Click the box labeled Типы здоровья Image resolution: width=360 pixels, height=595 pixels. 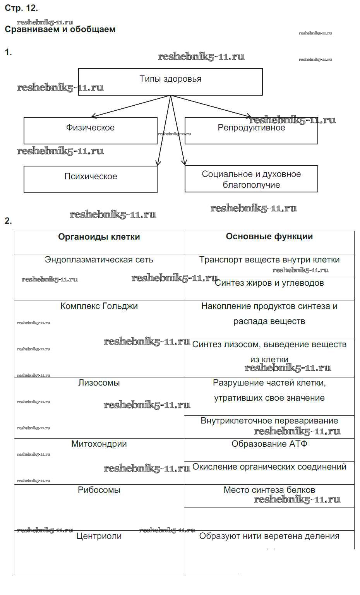170,79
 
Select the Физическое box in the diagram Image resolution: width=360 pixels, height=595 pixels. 90,128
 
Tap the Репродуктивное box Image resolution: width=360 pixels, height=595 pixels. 251,128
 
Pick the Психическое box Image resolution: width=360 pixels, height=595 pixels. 91,177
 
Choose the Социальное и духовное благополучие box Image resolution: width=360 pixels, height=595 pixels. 251,179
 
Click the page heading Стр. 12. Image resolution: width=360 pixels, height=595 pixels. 21,8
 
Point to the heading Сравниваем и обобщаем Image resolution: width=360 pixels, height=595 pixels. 60,29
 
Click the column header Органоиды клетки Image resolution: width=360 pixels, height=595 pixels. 99,237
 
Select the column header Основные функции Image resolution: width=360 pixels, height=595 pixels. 269,237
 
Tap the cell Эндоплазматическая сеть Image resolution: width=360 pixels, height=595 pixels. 99,260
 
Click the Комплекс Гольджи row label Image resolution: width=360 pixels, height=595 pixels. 99,306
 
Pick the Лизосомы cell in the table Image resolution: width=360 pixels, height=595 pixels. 99,383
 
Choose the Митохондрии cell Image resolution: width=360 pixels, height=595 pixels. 99,444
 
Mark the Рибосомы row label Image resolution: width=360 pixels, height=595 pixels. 99,490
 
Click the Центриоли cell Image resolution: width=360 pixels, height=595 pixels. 99,536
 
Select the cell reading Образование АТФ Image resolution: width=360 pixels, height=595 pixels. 269,444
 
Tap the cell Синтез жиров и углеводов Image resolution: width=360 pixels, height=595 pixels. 269,283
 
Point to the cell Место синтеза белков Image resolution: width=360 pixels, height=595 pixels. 269,490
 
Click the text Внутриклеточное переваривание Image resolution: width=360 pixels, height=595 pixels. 269,421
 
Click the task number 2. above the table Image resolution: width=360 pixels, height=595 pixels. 8,221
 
